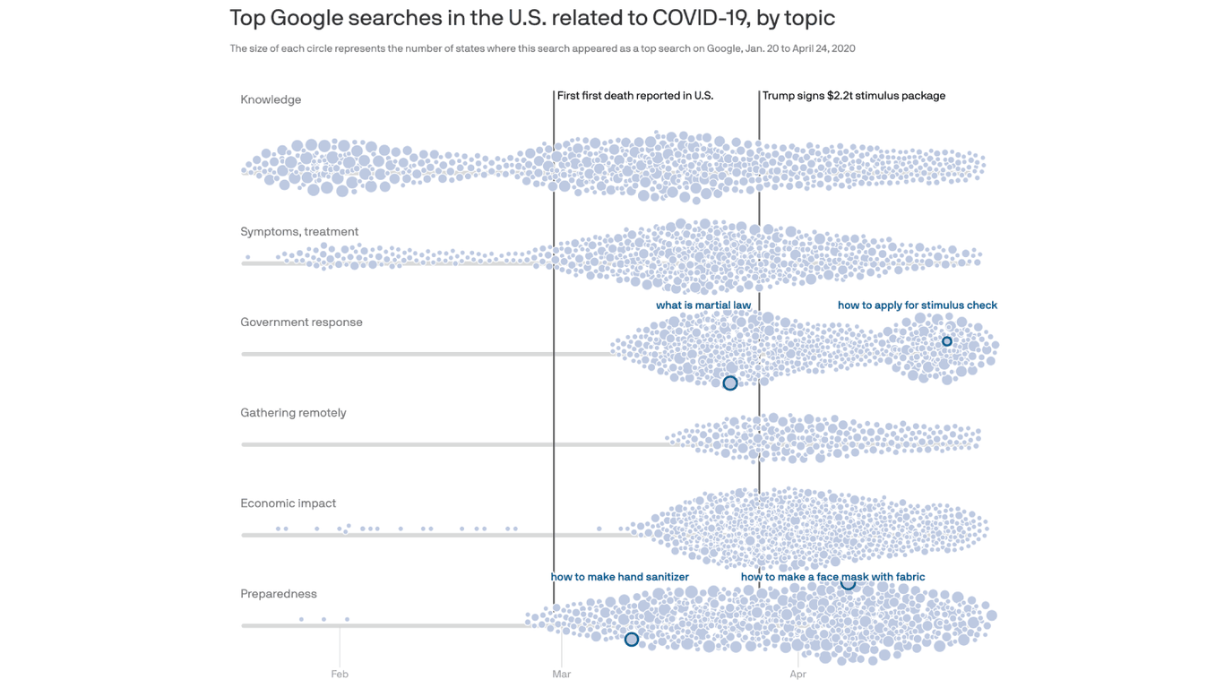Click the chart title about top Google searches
[531, 18]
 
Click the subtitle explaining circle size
[542, 48]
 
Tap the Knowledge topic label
[271, 99]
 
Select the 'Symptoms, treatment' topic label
[299, 231]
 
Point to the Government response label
[301, 322]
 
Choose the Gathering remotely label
[293, 412]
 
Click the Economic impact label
[288, 503]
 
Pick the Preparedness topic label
[279, 593]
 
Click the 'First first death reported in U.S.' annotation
[634, 95]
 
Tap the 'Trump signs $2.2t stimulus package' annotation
[853, 95]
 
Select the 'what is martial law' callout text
[703, 305]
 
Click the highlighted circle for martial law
[730, 383]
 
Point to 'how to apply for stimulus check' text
[917, 305]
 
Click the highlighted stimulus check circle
[947, 341]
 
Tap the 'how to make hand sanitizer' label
[619, 576]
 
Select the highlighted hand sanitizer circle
[632, 639]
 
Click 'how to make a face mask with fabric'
[832, 576]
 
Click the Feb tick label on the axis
[339, 674]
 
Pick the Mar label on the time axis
[561, 674]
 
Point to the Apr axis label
[797, 674]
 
